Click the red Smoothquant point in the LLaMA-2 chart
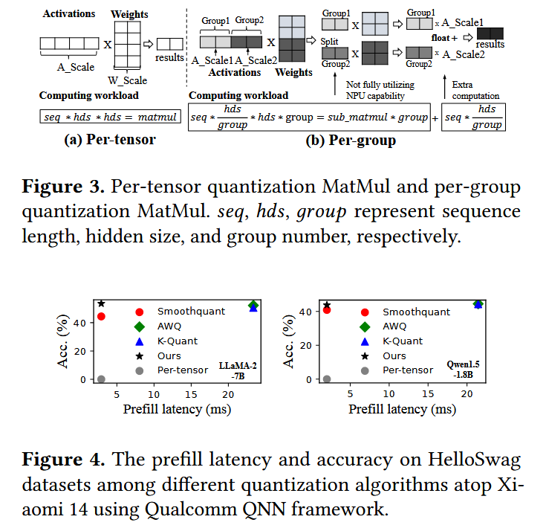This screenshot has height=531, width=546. point(101,316)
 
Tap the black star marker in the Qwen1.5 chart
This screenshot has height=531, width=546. point(327,305)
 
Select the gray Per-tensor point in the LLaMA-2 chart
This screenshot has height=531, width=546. point(101,379)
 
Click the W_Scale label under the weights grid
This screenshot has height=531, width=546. point(129,80)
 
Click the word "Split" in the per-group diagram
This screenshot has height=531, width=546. point(331,43)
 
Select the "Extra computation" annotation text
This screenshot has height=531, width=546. point(475,90)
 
